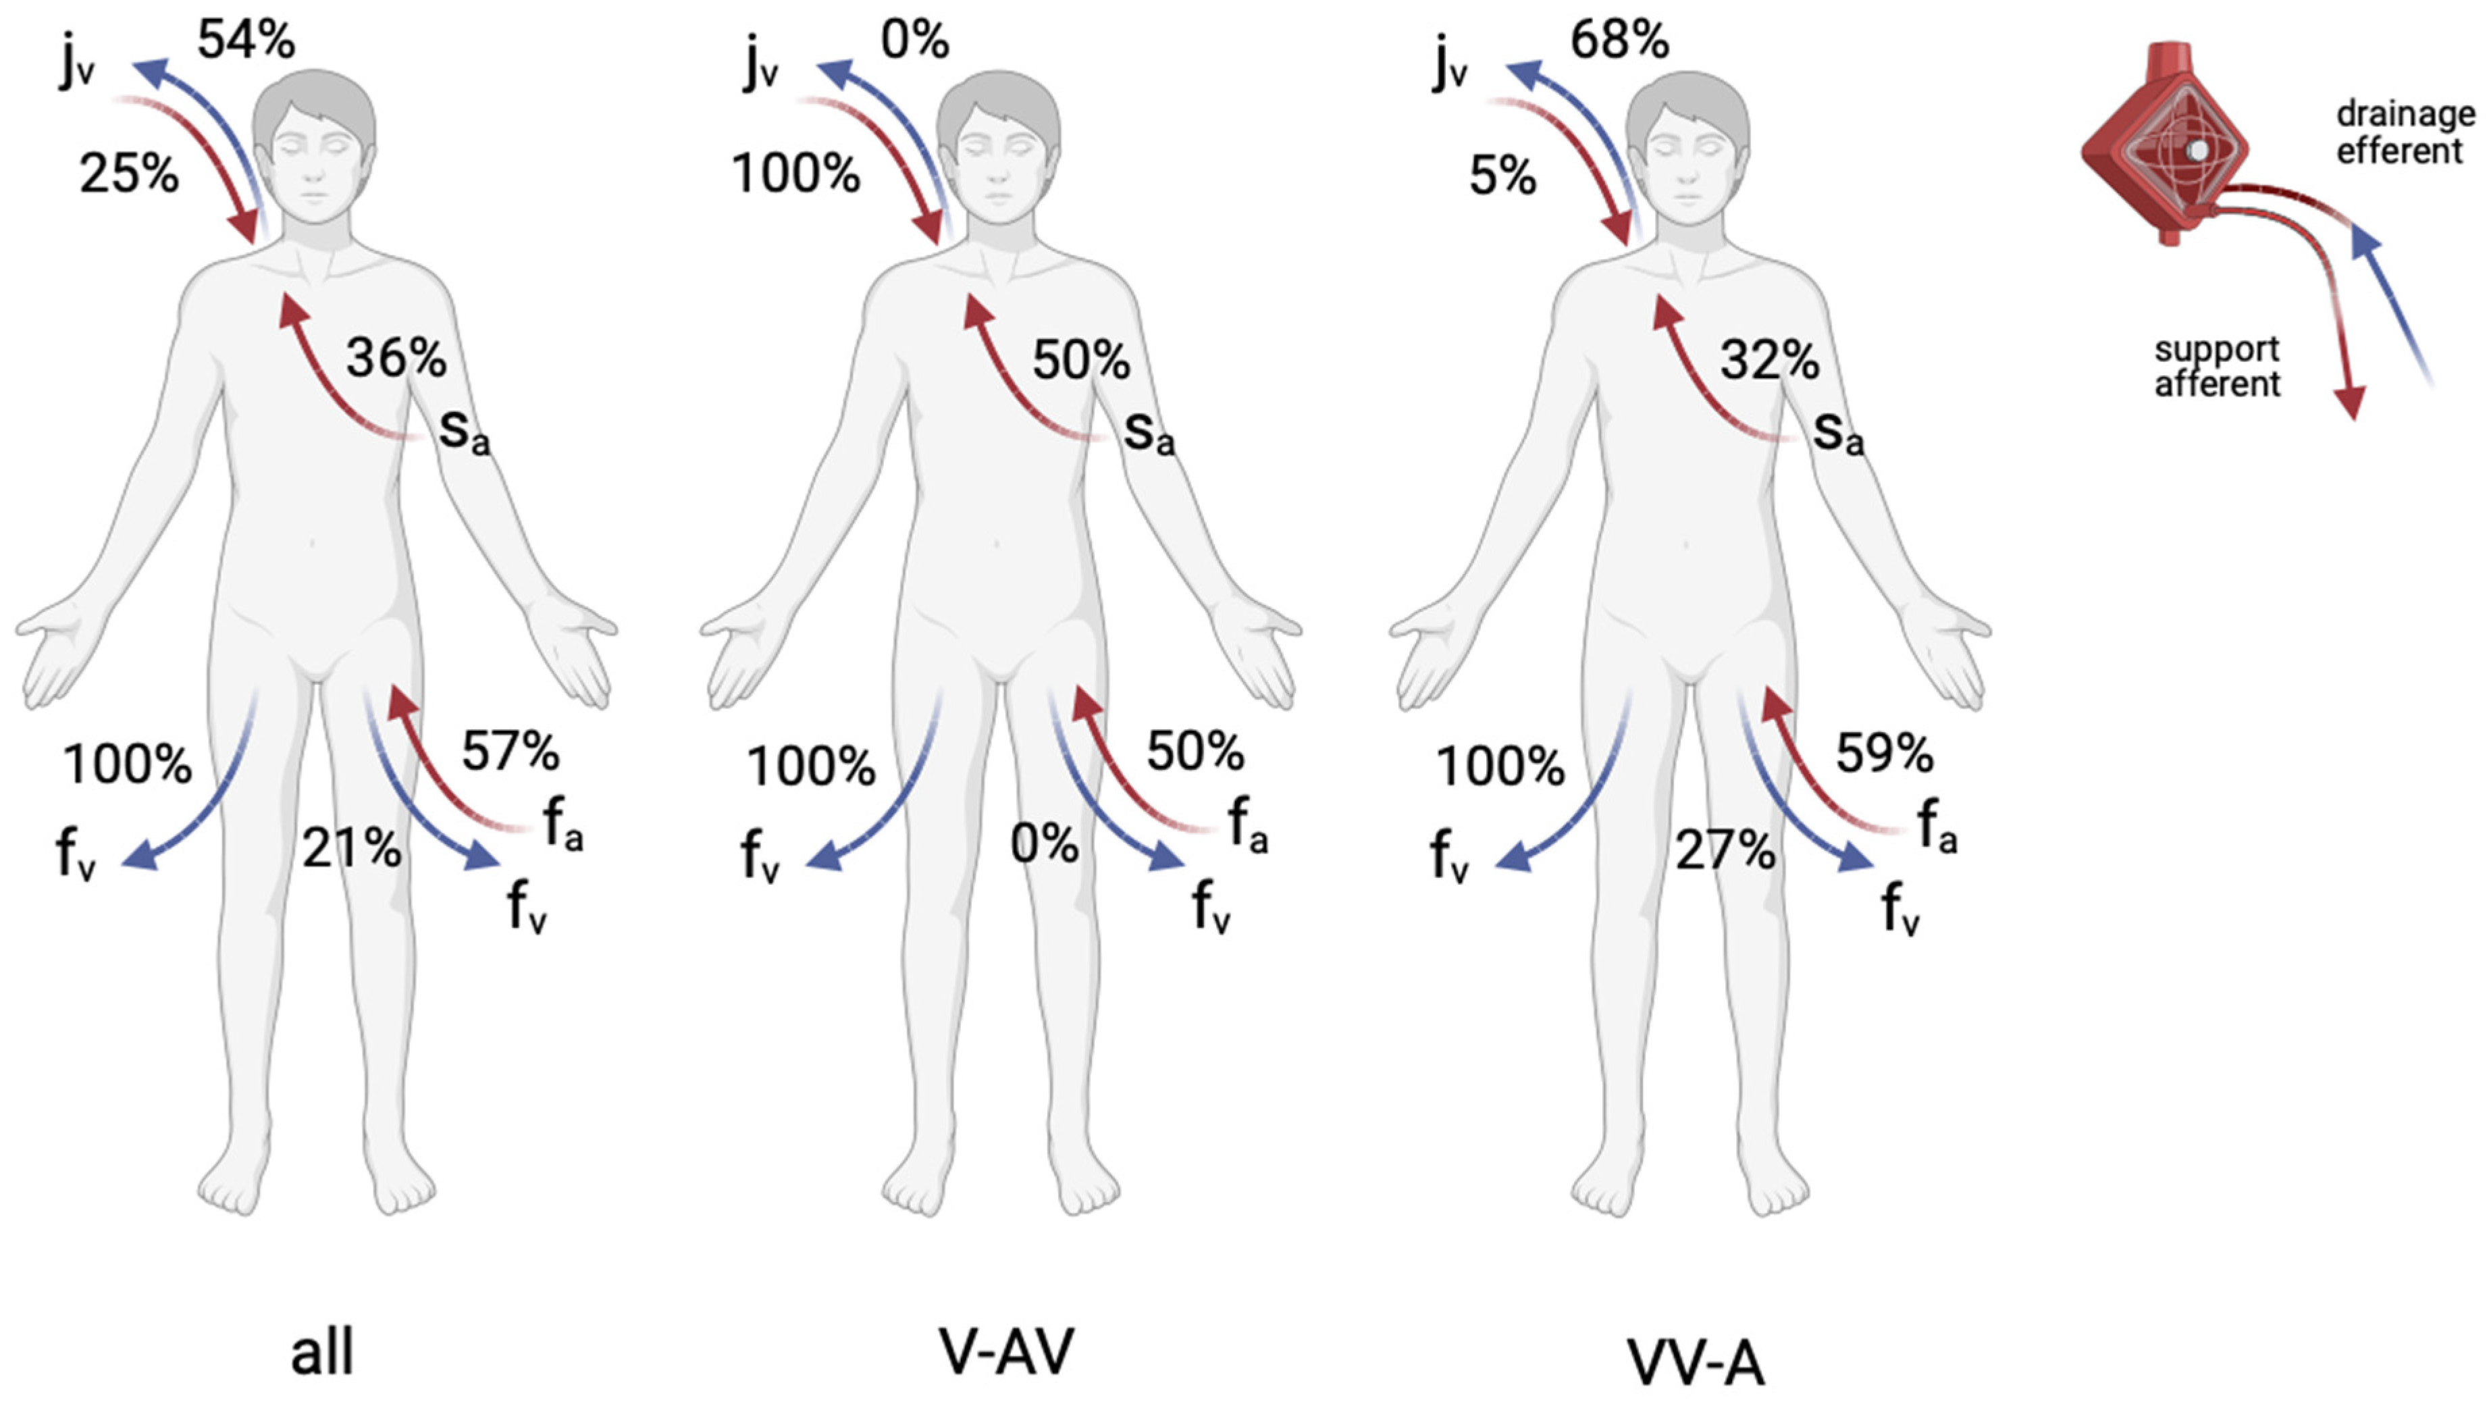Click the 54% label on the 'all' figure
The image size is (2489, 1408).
[x=246, y=41]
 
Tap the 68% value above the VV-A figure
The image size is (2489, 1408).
[x=1619, y=41]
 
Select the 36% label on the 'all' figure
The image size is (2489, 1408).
[x=396, y=358]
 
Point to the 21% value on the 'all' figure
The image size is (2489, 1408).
[x=351, y=849]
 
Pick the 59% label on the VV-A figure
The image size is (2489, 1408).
[x=1884, y=754]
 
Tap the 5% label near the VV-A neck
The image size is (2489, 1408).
[x=1502, y=177]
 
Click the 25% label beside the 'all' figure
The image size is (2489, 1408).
[x=128, y=175]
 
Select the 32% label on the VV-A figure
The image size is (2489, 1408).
[x=1769, y=361]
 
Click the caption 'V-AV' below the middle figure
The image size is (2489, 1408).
[x=1005, y=1351]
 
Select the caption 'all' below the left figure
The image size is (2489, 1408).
[x=322, y=1353]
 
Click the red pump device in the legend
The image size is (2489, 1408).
[x=2164, y=145]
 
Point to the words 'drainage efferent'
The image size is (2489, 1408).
[x=2404, y=132]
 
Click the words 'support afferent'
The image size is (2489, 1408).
[x=2216, y=367]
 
